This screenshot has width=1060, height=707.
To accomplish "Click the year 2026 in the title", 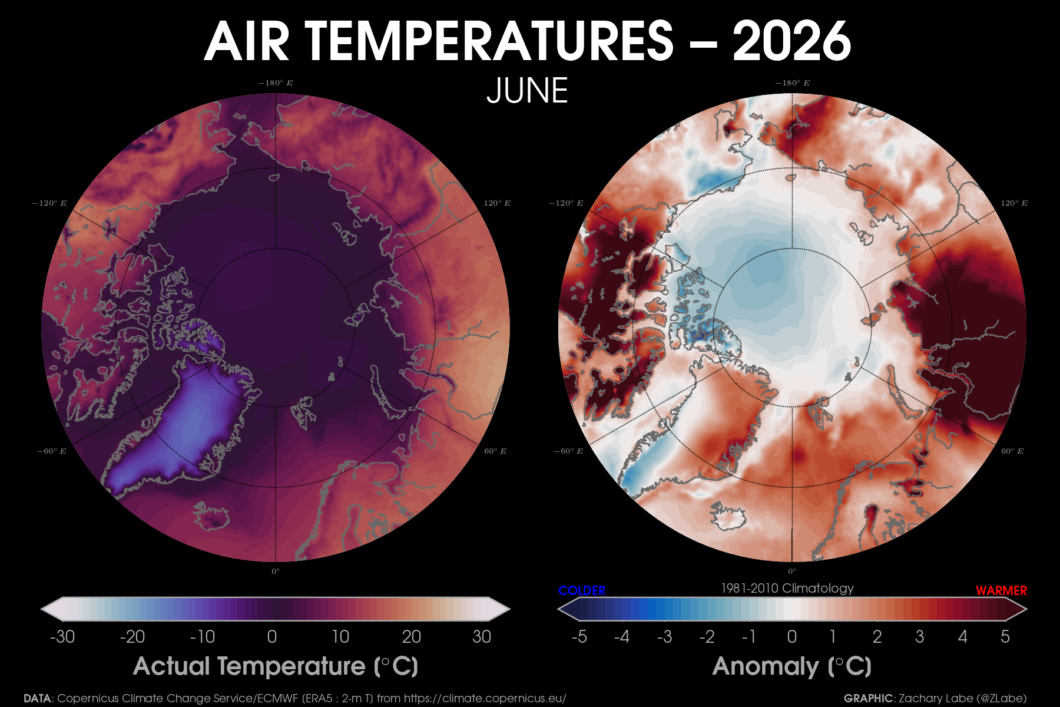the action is coord(791,41).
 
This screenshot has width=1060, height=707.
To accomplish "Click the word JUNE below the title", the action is coord(527,91).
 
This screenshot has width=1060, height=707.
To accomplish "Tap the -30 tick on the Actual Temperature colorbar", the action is coord(62,637).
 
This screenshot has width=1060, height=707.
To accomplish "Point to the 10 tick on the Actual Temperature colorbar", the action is coord(340,637).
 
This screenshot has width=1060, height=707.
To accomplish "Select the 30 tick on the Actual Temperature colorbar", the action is coord(482,637).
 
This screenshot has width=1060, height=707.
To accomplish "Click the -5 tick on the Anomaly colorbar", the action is coord(579,637).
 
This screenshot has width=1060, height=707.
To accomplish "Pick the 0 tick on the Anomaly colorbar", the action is coord(792,637).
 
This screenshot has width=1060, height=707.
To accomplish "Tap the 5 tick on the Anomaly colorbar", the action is coord(1005,637).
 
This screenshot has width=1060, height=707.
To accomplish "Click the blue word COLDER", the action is coord(582,590).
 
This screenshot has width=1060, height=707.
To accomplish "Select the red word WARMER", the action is coord(1001,590).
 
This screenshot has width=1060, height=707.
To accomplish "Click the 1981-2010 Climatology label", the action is coord(787,589).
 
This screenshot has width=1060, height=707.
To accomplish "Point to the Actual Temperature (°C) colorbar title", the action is coord(276,666).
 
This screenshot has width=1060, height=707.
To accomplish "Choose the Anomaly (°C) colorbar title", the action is coord(792,666).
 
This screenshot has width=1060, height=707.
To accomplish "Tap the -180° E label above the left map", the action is coord(275,83).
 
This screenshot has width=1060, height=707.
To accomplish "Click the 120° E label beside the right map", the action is coord(1014,203).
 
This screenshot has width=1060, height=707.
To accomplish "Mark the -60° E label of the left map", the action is coord(51,451).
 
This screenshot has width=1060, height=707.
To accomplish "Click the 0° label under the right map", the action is coord(792,571).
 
